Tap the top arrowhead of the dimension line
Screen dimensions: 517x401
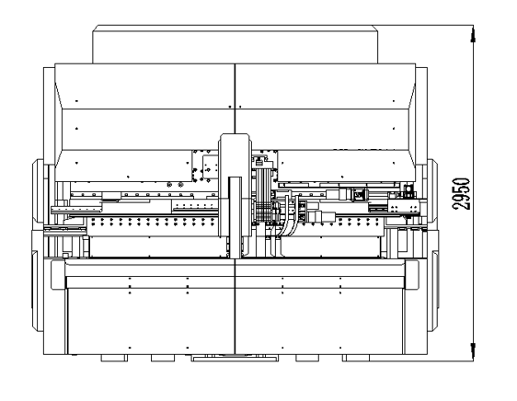[473, 34]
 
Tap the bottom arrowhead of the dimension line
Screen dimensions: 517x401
[473, 352]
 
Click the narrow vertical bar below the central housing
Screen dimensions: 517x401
[236, 218]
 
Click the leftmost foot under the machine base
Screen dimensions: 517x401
[114, 358]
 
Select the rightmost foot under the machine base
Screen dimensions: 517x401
[356, 358]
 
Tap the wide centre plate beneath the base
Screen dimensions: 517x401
[235, 358]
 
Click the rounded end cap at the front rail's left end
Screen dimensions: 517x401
[58, 275]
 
